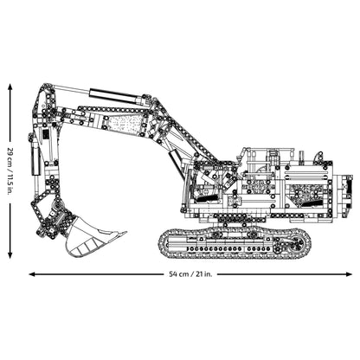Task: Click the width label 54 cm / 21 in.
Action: [191, 273]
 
